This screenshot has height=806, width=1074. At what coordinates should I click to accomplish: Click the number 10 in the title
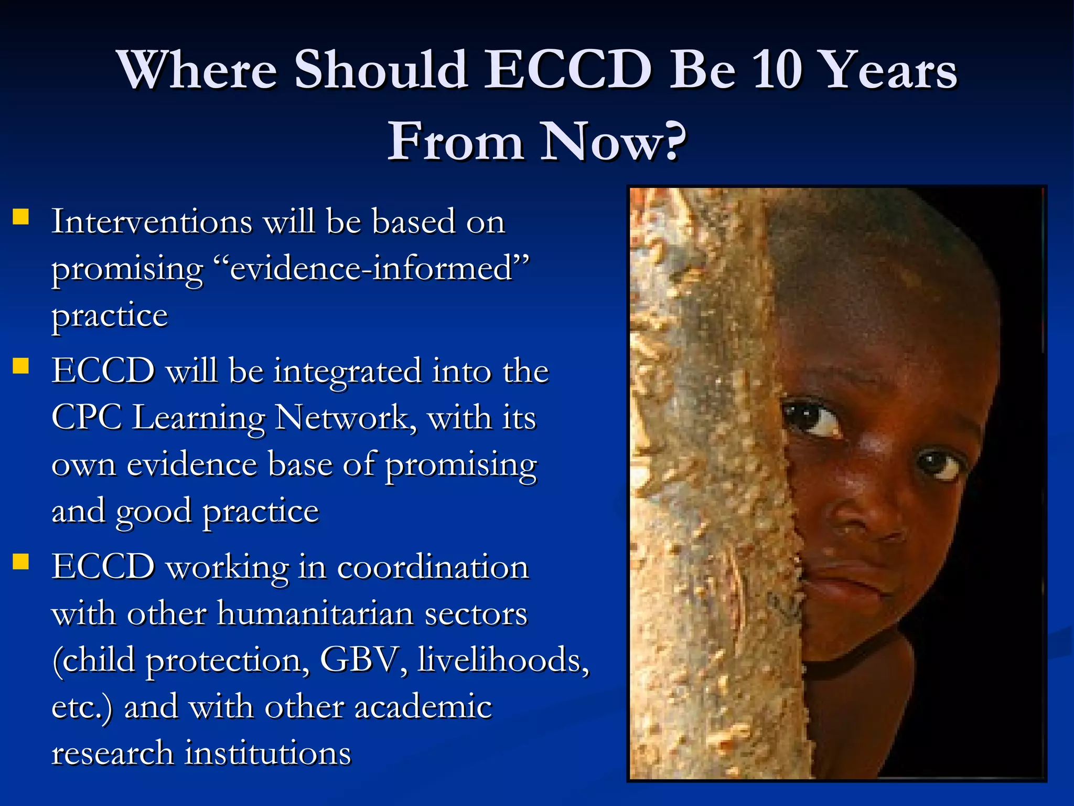click(780, 70)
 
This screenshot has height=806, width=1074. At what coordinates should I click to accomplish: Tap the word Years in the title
click(889, 70)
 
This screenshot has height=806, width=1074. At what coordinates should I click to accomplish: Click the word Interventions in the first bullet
click(152, 221)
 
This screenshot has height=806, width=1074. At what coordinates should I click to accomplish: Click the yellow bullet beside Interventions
click(21, 217)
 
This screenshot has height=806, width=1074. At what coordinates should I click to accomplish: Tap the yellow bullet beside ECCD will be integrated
click(21, 366)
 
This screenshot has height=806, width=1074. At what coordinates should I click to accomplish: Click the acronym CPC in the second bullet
click(87, 418)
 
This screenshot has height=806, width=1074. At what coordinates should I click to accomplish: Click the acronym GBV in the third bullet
click(358, 660)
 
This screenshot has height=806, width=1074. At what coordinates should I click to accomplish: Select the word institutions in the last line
click(268, 754)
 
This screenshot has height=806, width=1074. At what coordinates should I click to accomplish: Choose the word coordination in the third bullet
click(433, 567)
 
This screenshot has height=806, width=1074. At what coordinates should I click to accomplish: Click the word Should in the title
click(381, 70)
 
